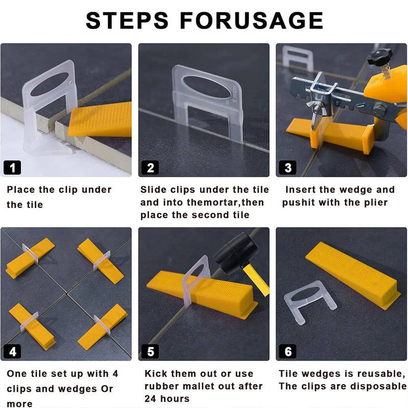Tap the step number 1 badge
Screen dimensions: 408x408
pyautogui.click(x=12, y=167)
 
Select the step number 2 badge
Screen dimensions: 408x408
pyautogui.click(x=150, y=167)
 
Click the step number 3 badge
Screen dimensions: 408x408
pyautogui.click(x=288, y=167)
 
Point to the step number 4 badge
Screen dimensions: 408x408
pyautogui.click(x=12, y=351)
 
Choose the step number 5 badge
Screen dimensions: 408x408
pyautogui.click(x=150, y=351)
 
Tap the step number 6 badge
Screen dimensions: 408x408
pyautogui.click(x=288, y=351)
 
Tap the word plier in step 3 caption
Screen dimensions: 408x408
pyautogui.click(x=373, y=202)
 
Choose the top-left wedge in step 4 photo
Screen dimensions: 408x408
pyautogui.click(x=30, y=258)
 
